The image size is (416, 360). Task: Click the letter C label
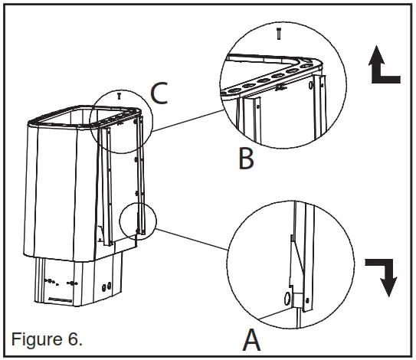[x=159, y=93]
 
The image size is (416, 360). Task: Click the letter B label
[x=245, y=159]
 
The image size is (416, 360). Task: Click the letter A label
[x=251, y=339]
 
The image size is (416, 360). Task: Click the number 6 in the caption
[x=70, y=338]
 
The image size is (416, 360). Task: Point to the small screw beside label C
[x=120, y=97]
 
